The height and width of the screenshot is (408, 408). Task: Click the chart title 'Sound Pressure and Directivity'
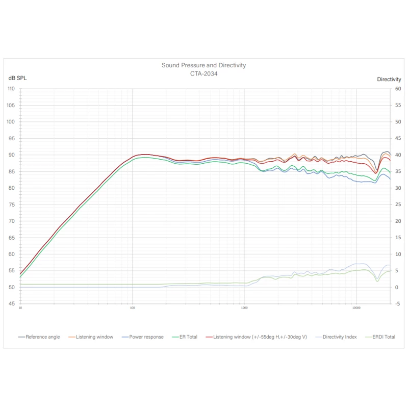pyautogui.click(x=203, y=65)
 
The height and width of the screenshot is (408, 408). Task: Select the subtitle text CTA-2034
pyautogui.click(x=203, y=73)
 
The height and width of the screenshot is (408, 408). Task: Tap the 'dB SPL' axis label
pyautogui.click(x=17, y=79)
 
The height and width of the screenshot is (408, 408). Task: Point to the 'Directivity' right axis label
pyautogui.click(x=389, y=79)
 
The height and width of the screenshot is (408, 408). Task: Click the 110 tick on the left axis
pyautogui.click(x=11, y=89)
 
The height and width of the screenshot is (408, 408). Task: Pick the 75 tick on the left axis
pyautogui.click(x=12, y=205)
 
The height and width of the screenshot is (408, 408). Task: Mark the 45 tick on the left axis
pyautogui.click(x=12, y=304)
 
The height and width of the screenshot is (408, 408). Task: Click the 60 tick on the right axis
pyautogui.click(x=398, y=89)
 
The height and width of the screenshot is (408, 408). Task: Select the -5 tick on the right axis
pyautogui.click(x=398, y=304)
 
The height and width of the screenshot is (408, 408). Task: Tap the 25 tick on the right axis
pyautogui.click(x=398, y=205)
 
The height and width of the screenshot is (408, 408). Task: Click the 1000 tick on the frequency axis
pyautogui.click(x=244, y=309)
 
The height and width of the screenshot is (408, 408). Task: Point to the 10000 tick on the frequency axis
pyautogui.click(x=356, y=309)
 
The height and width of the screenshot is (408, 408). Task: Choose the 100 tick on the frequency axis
pyautogui.click(x=133, y=309)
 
